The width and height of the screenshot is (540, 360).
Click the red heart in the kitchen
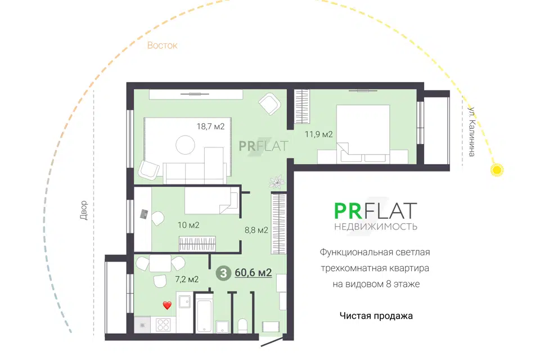coord(167,305)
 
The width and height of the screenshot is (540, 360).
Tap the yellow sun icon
coord(497,170)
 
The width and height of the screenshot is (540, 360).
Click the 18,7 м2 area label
coord(210,127)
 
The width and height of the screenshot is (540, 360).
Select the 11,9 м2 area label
coord(318,134)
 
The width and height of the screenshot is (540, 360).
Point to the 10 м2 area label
coord(188,225)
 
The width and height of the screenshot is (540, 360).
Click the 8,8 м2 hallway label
coord(256,229)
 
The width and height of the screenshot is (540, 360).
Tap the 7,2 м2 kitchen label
coord(187,279)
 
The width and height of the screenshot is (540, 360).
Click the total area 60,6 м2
coord(253,272)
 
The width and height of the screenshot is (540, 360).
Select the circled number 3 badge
coord(223,273)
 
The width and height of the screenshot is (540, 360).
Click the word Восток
coord(162,46)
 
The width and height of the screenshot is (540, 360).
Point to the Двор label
coord(84,210)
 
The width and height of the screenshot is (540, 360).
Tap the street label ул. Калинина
coord(471,132)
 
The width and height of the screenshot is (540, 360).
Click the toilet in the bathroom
coord(242,326)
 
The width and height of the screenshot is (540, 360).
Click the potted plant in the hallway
coord(277,182)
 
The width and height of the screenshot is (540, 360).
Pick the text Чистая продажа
coord(376,316)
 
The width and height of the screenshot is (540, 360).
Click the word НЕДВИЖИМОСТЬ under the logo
coord(376,227)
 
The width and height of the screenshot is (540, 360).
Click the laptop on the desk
coord(144,214)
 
